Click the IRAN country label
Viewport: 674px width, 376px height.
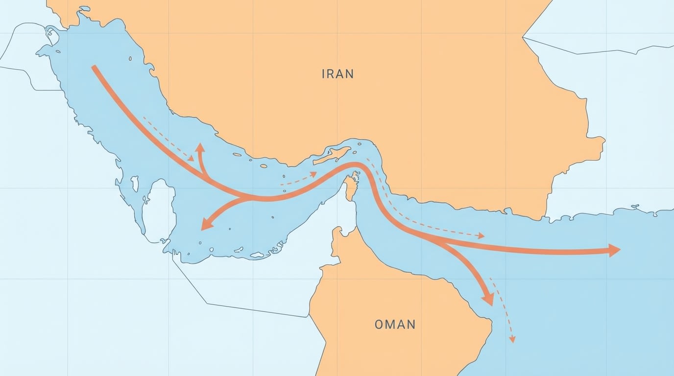point(337,74)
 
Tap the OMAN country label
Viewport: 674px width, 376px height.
point(395,324)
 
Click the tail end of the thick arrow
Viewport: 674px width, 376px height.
point(94,67)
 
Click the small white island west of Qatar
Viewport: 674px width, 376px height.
point(134,184)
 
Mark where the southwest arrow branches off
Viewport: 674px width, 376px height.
point(245,197)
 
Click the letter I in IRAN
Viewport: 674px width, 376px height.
point(323,74)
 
